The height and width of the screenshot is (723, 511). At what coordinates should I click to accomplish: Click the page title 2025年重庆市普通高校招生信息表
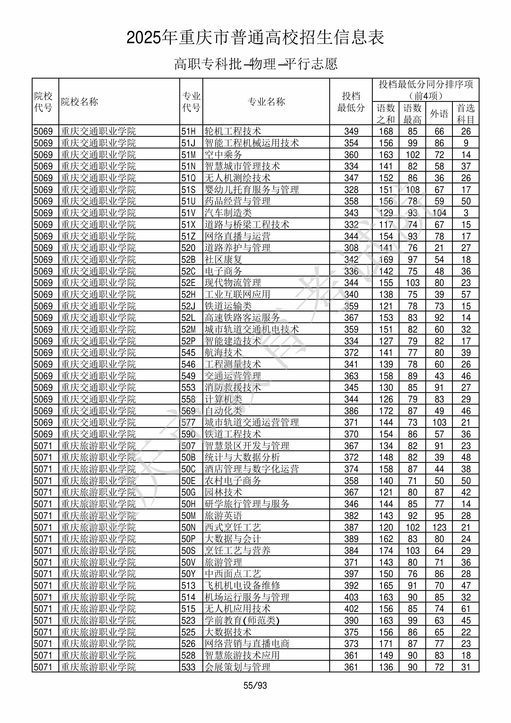[255, 37]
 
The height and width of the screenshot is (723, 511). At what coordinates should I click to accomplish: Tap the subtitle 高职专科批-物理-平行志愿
[255, 64]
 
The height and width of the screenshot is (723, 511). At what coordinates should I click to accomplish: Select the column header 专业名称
[266, 102]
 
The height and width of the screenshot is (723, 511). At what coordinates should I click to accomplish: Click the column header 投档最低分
[351, 102]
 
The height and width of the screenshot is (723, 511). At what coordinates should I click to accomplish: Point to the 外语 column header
[439, 113]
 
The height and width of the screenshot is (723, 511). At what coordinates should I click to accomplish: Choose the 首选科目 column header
[466, 113]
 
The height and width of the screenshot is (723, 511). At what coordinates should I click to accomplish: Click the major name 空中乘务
[223, 155]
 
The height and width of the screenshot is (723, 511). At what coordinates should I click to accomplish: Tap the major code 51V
[188, 213]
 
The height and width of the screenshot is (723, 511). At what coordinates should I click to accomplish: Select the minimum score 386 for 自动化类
[351, 411]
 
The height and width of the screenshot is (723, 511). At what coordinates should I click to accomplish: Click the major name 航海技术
[223, 353]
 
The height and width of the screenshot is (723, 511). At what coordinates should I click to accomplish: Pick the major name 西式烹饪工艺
[233, 528]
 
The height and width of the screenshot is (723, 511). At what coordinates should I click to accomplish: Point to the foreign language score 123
[439, 528]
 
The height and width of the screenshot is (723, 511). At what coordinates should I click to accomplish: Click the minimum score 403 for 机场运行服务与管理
[351, 597]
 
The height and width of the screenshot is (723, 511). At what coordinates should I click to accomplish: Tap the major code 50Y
[188, 574]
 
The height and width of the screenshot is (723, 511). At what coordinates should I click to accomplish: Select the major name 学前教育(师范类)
[242, 621]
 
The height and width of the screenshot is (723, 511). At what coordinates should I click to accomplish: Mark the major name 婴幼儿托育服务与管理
[251, 189]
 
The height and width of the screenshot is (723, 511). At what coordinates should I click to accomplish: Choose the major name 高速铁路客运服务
[242, 318]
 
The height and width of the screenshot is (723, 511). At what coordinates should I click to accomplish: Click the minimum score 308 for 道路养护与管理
[351, 248]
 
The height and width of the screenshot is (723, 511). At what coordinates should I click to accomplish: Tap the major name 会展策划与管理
[238, 667]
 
